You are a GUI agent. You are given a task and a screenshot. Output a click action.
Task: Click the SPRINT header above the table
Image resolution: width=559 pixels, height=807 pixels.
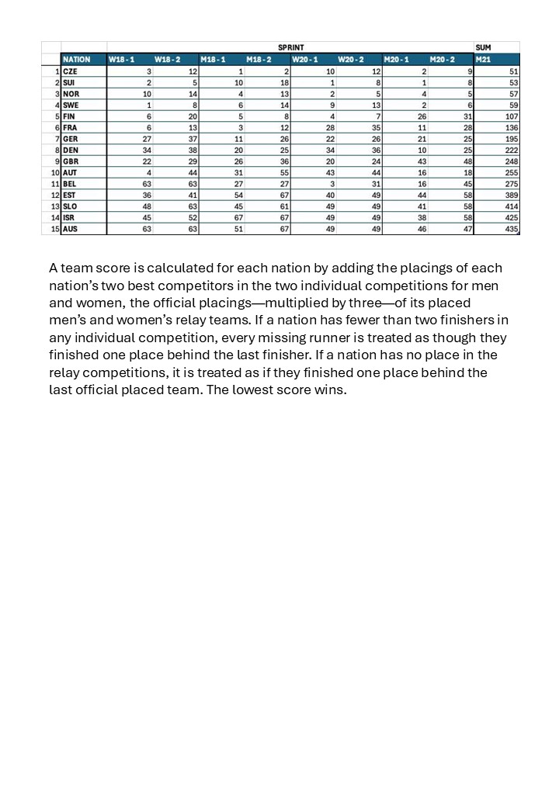coord(290,47)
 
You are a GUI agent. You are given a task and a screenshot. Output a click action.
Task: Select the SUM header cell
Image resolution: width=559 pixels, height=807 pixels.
coord(482,47)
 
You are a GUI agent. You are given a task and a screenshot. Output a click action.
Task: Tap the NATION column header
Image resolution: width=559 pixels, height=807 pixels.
coord(76,59)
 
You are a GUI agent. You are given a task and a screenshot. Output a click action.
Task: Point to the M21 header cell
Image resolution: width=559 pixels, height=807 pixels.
coord(483,59)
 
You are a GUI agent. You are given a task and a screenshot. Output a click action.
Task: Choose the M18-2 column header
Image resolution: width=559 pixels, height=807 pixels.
coord(259,59)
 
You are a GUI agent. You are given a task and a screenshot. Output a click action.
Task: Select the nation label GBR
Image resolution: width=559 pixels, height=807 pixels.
coord(71,161)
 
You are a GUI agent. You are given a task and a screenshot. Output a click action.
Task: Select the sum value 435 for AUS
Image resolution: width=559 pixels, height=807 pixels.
coord(511,229)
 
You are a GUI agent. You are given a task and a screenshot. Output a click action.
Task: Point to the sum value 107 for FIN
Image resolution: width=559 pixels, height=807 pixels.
coord(511,116)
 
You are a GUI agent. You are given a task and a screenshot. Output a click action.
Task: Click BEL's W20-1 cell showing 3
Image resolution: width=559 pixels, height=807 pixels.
coord(332,184)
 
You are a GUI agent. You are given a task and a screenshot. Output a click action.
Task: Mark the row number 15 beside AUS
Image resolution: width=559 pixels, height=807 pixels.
coord(54,229)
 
